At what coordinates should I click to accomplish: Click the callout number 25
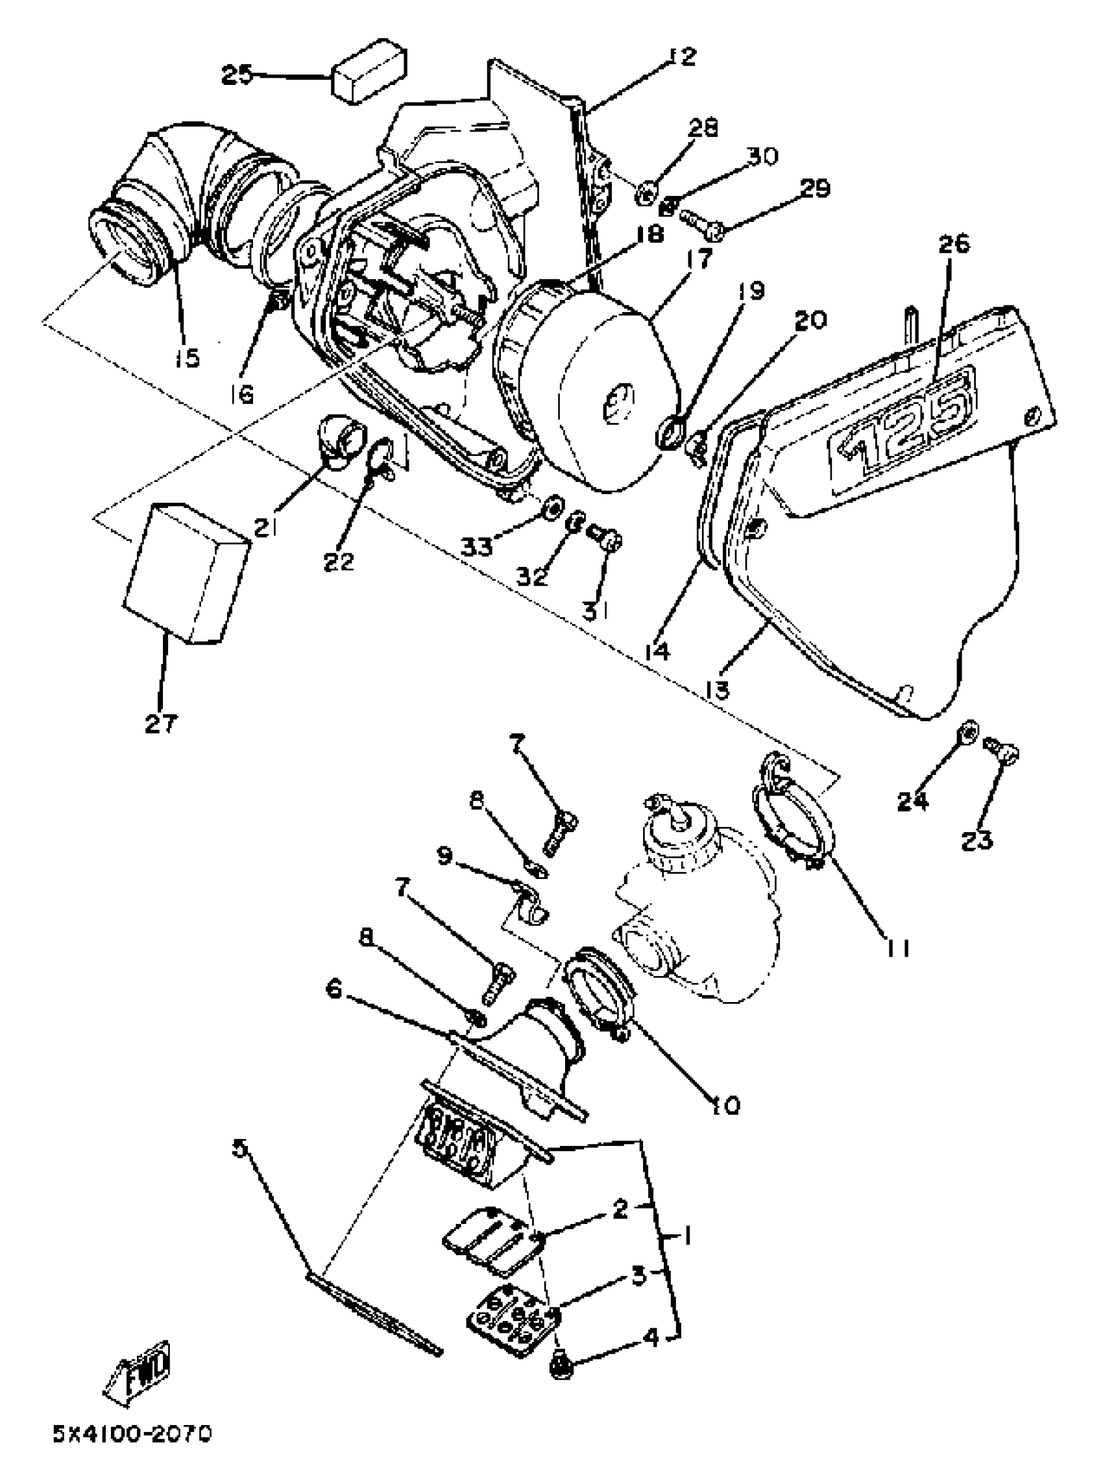click(x=237, y=75)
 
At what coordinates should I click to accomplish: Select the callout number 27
click(x=162, y=723)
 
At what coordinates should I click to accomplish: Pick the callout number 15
click(x=188, y=358)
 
